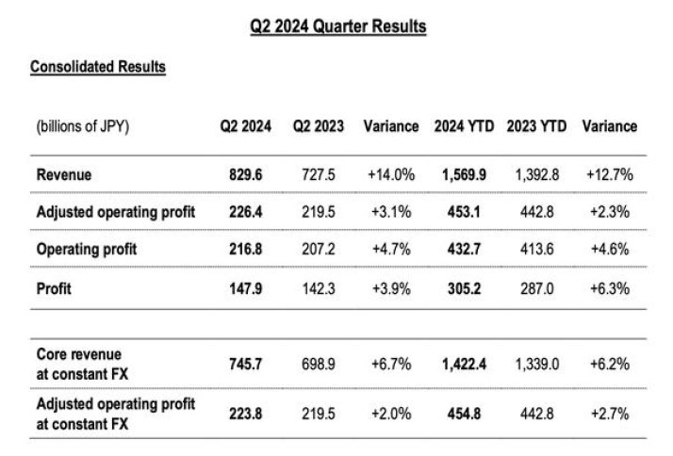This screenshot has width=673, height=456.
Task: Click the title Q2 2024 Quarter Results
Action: (x=337, y=27)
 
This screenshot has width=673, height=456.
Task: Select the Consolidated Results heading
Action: (x=98, y=67)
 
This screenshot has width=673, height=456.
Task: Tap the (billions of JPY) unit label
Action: (x=82, y=126)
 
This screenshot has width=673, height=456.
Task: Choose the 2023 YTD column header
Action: (x=535, y=126)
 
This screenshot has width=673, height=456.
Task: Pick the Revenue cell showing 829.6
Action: (x=244, y=174)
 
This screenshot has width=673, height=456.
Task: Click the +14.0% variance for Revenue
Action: (x=390, y=174)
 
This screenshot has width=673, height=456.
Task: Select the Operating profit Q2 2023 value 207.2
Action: (x=317, y=250)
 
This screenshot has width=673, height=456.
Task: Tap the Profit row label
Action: (x=53, y=288)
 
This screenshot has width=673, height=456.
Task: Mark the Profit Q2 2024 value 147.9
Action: (x=244, y=288)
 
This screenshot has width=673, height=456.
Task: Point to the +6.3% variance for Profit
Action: (x=608, y=288)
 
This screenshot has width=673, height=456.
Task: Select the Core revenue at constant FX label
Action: (x=81, y=364)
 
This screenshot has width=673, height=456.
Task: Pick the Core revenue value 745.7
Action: (x=244, y=364)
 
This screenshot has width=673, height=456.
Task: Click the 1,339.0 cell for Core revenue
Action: (x=535, y=364)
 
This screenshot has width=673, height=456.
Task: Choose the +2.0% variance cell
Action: (x=390, y=414)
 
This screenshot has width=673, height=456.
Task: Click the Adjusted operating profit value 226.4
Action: (x=244, y=212)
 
